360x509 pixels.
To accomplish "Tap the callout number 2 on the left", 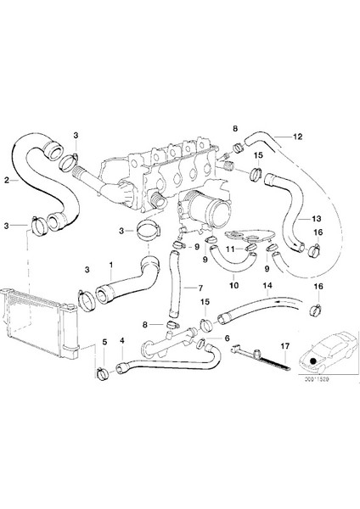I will coord(8,179).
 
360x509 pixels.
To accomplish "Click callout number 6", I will coord(227,338).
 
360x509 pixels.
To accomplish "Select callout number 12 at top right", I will coord(298,137).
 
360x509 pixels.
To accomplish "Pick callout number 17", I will coord(285,345).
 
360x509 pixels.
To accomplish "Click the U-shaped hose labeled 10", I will coord(226,263).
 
